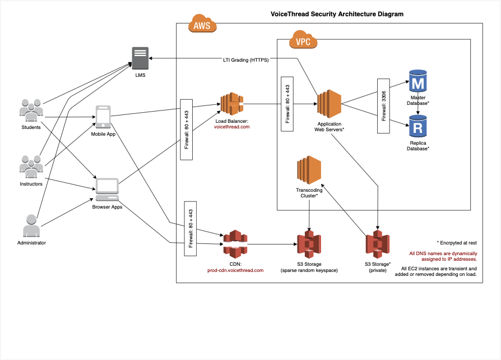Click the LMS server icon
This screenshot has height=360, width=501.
click(x=141, y=58)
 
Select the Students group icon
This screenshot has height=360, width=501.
click(x=31, y=110)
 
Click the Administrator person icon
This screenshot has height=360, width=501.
click(x=31, y=225)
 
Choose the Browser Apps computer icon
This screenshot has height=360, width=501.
click(x=107, y=190)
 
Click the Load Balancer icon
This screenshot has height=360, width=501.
click(x=232, y=104)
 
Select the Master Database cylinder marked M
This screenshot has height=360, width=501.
click(x=417, y=83)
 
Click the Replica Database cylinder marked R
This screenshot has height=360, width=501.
click(x=417, y=127)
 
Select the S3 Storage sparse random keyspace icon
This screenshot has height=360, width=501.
click(x=309, y=244)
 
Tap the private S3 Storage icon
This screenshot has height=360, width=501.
click(x=378, y=244)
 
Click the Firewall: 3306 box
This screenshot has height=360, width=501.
click(x=383, y=105)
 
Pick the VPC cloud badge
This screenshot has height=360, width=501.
click(x=303, y=41)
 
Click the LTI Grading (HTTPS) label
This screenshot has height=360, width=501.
click(x=245, y=60)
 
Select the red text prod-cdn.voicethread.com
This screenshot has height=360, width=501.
click(x=235, y=270)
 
